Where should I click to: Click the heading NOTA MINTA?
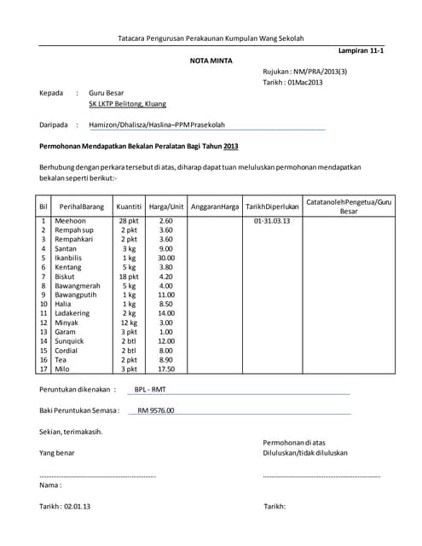coord(210,61)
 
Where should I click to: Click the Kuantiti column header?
coord(129,206)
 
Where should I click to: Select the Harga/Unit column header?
coord(166,206)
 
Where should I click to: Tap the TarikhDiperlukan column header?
coord(272,206)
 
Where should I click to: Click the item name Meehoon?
coord(70,221)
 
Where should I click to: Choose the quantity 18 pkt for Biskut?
coord(129,276)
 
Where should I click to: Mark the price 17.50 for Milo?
coord(166,369)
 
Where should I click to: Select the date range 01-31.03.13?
coord(272,221)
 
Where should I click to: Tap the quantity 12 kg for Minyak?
coord(129,322)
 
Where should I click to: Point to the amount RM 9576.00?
coord(155,410)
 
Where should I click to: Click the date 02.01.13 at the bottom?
coord(78,506)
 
